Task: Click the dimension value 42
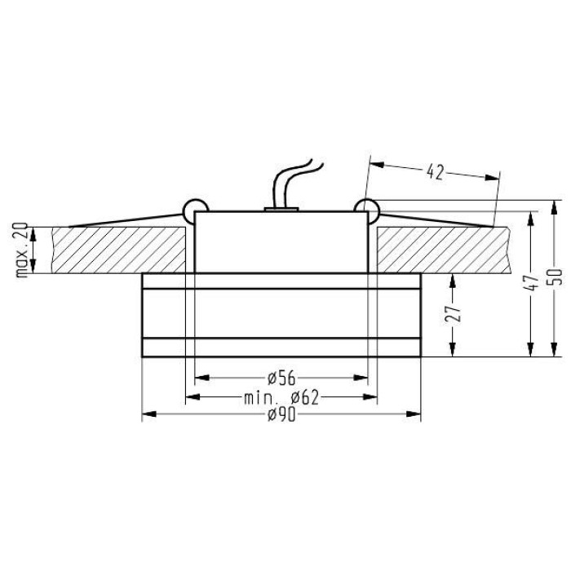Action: (x=435, y=172)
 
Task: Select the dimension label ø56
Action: (x=281, y=378)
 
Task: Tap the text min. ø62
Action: (x=281, y=398)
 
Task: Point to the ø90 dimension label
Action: (x=281, y=415)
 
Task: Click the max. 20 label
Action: (x=22, y=250)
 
